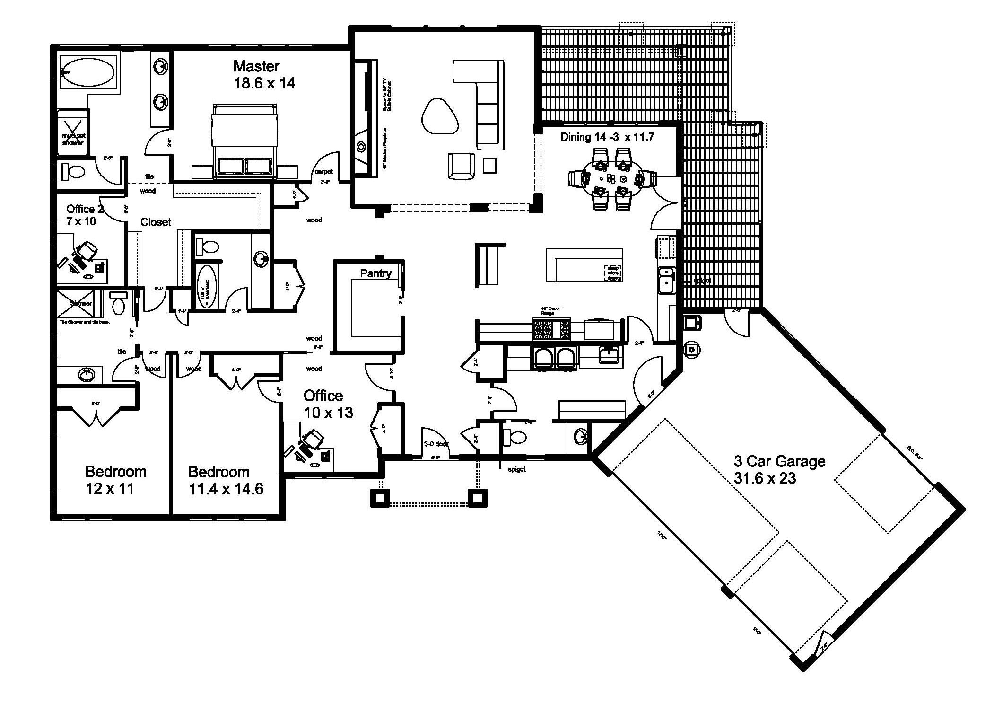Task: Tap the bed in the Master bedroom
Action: click(x=244, y=142)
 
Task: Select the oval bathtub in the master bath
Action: click(x=88, y=72)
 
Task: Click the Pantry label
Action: click(x=375, y=273)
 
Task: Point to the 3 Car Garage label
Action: click(x=779, y=470)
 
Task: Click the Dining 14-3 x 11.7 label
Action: click(x=607, y=137)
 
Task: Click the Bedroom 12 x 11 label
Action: click(x=115, y=480)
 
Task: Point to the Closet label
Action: click(x=156, y=222)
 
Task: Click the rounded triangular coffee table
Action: click(x=439, y=116)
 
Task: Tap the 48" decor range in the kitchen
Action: click(x=551, y=329)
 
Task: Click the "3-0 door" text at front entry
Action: click(x=436, y=444)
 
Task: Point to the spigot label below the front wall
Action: click(x=516, y=469)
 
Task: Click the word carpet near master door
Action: click(x=324, y=172)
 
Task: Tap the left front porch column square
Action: click(x=380, y=497)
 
